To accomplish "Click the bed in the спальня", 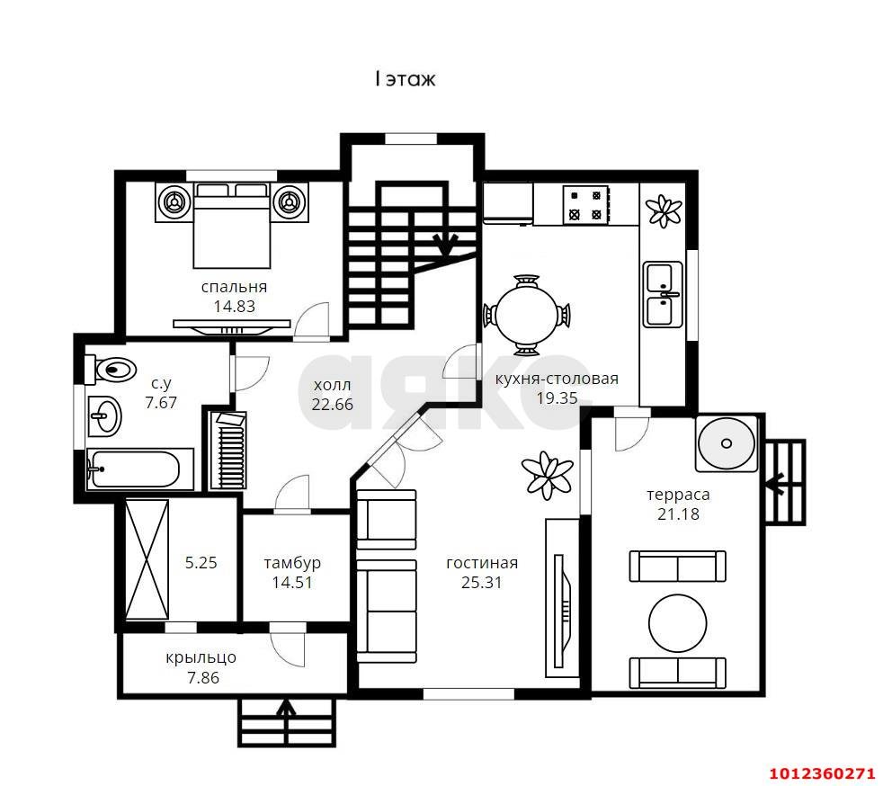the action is tap(231, 226).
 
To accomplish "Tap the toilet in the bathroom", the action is tap(111, 369).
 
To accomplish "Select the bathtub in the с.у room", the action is tap(140, 469).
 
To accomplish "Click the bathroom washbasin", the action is tap(104, 416).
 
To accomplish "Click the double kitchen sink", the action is tap(663, 294).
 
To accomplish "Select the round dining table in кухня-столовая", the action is tap(526, 315).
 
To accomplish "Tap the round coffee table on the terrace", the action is tap(677, 623).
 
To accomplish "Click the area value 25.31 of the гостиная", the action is tap(481, 582).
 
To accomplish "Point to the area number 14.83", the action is tap(235, 306).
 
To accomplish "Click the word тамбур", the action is tap(292, 563).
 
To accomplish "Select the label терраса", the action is tap(678, 495).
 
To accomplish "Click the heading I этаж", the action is tap(406, 78).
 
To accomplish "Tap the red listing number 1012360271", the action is tap(822, 773).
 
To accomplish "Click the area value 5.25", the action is tap(201, 562).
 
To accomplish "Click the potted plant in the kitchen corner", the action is tap(664, 210).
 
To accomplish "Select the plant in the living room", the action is tap(548, 475).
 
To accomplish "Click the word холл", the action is tap(333, 385).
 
